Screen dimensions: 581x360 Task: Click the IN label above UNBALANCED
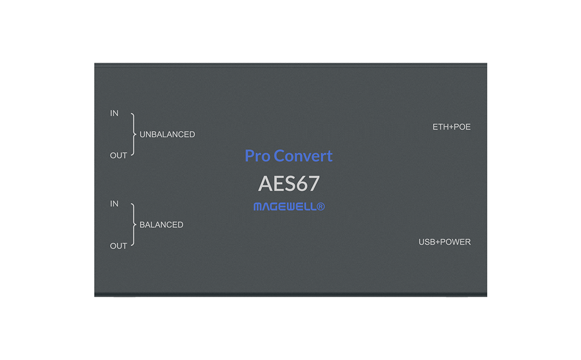tap(114, 113)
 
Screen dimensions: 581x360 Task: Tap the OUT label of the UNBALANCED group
tap(119, 155)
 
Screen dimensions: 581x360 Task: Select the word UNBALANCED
tap(167, 134)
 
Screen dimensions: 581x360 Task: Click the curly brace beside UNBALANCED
tap(133, 134)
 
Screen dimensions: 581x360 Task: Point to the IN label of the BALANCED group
tap(114, 204)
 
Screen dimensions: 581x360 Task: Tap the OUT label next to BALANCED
tap(119, 246)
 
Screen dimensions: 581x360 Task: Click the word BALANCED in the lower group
tap(161, 225)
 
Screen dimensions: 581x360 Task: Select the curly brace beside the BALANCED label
tap(133, 225)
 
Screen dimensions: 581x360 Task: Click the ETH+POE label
tap(452, 127)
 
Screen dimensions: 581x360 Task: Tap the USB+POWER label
tap(445, 242)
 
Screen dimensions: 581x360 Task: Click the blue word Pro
tap(258, 156)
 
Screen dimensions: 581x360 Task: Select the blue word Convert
tap(303, 156)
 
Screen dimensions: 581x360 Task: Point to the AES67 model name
tap(289, 183)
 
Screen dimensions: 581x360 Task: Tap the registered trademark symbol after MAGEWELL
tap(321, 207)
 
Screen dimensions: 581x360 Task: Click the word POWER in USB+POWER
tap(456, 242)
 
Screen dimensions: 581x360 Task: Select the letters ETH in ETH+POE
tap(441, 127)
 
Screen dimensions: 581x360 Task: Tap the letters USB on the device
tap(427, 242)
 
